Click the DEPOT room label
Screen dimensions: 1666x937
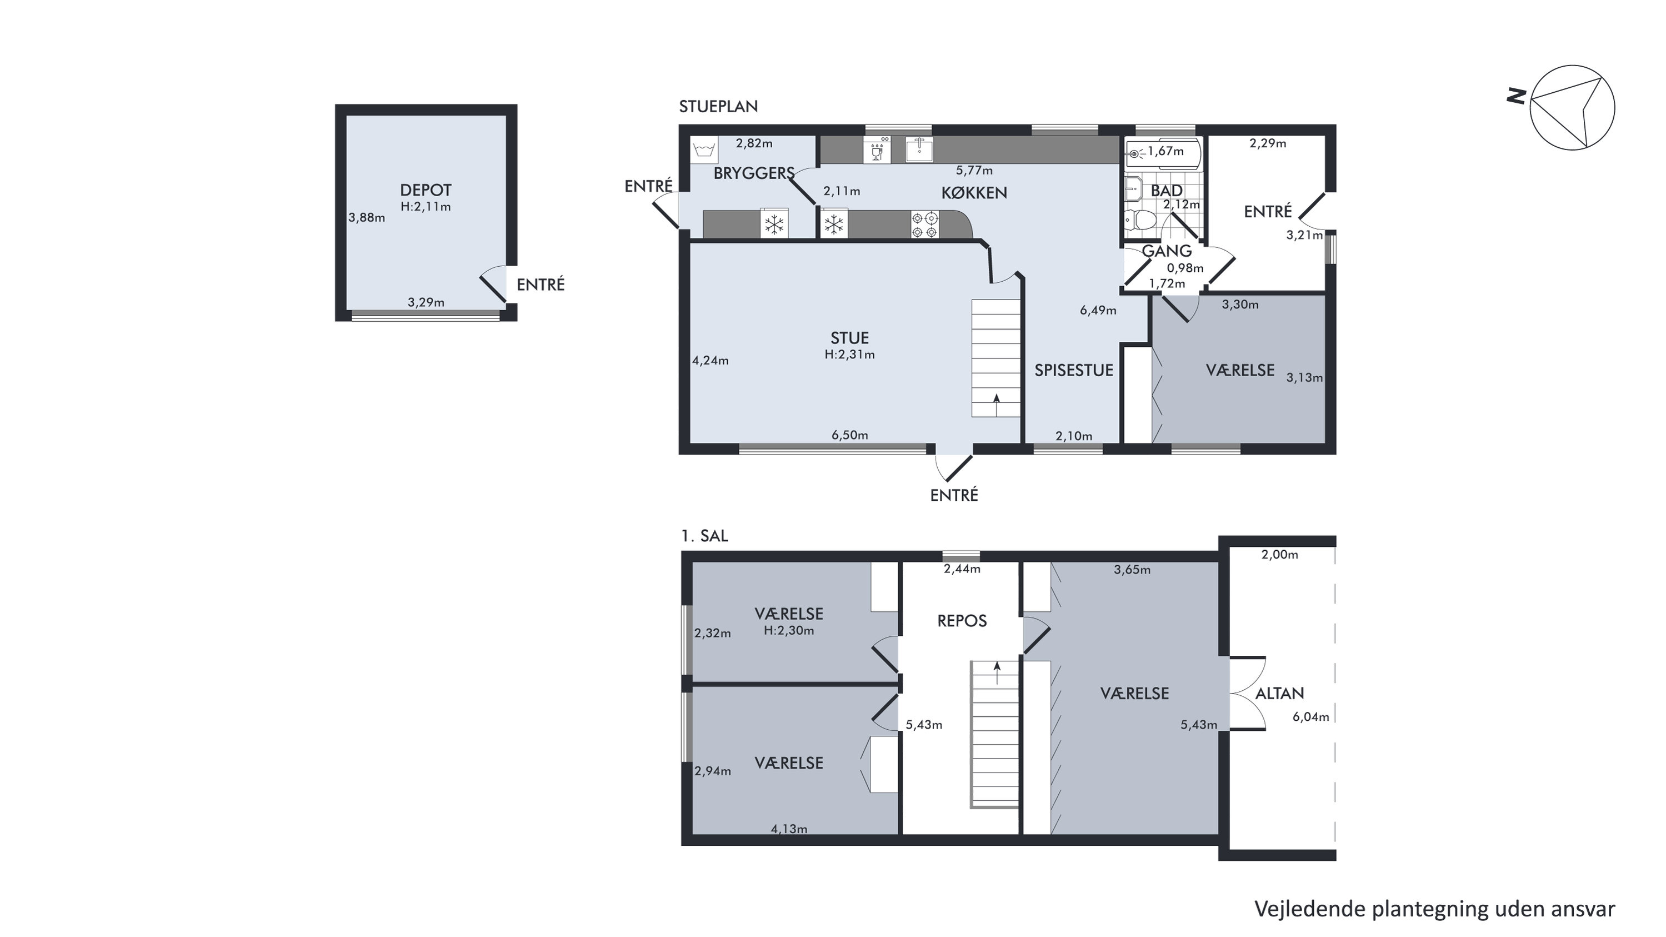426,190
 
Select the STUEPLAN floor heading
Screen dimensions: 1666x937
718,107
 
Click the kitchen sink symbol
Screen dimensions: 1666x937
918,149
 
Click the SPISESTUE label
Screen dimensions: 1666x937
1074,370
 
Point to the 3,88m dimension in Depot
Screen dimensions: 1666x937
367,218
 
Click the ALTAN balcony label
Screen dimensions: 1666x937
1280,694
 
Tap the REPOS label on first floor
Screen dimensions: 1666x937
962,621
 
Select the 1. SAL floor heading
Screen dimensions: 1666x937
704,536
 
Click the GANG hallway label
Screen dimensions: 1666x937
1167,251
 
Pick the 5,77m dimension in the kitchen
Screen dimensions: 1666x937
974,171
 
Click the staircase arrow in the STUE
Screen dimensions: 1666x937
996,405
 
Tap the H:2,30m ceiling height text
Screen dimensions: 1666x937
789,631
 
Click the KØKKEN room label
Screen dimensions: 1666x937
974,193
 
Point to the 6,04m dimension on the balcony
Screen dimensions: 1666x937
1311,717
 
